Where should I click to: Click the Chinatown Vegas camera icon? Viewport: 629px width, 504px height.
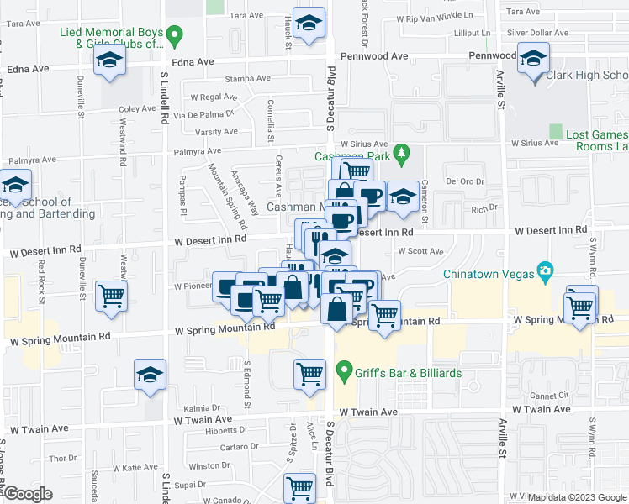pyautogui.click(x=546, y=270)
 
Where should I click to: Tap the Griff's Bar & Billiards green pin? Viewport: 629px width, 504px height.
pyautogui.click(x=343, y=370)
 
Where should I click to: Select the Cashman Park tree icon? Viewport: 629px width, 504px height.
pyautogui.click(x=403, y=152)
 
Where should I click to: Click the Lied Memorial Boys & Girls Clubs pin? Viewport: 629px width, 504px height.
pyautogui.click(x=174, y=37)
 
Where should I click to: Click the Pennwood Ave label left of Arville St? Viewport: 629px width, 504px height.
pyautogui.click(x=493, y=55)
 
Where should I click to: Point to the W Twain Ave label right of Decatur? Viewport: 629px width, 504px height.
pyautogui.click(x=368, y=412)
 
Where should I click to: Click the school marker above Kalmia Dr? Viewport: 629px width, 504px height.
pyautogui.click(x=151, y=375)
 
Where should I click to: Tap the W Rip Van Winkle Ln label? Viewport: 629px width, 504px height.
pyautogui.click(x=444, y=16)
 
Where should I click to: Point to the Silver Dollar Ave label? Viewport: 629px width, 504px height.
pyautogui.click(x=537, y=33)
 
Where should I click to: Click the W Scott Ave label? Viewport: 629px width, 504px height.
pyautogui.click(x=420, y=251)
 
